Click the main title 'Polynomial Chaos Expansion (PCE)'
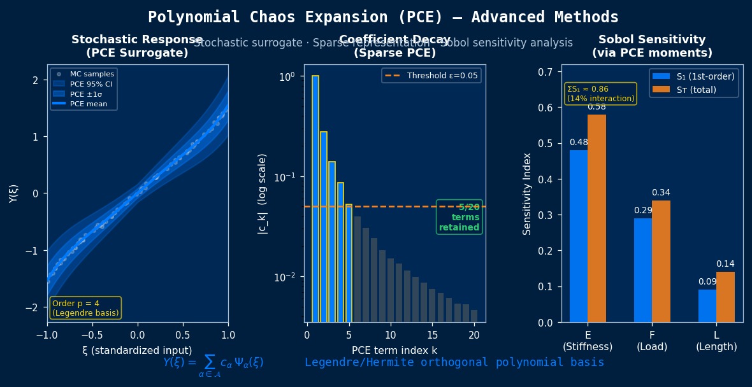click(x=383, y=17)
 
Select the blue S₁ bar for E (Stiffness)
click(x=579, y=236)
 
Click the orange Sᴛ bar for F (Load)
click(x=661, y=261)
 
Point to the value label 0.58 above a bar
click(x=597, y=107)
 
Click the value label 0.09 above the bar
click(x=707, y=282)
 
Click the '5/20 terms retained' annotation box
click(x=459, y=217)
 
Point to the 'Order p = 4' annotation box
click(x=85, y=308)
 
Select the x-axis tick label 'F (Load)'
click(x=652, y=341)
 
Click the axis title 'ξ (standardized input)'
click(x=137, y=351)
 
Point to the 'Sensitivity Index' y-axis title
click(x=527, y=193)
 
